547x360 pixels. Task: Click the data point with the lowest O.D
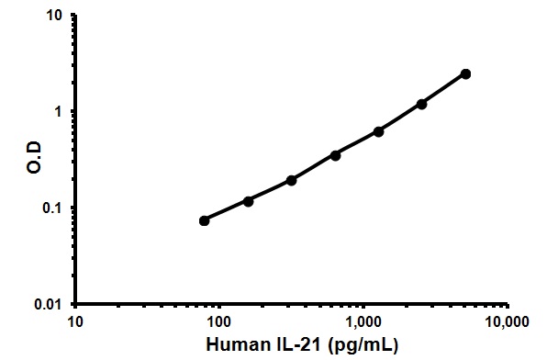point(204,220)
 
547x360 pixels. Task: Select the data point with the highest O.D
point(465,73)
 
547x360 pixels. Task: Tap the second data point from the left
point(248,200)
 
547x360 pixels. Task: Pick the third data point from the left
point(291,180)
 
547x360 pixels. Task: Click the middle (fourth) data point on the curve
point(335,155)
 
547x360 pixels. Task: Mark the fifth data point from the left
point(378,131)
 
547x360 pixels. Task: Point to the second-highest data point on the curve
point(421,104)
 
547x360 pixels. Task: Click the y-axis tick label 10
point(53,17)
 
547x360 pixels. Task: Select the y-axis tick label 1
point(58,112)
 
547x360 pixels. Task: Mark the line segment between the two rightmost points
point(443,89)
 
